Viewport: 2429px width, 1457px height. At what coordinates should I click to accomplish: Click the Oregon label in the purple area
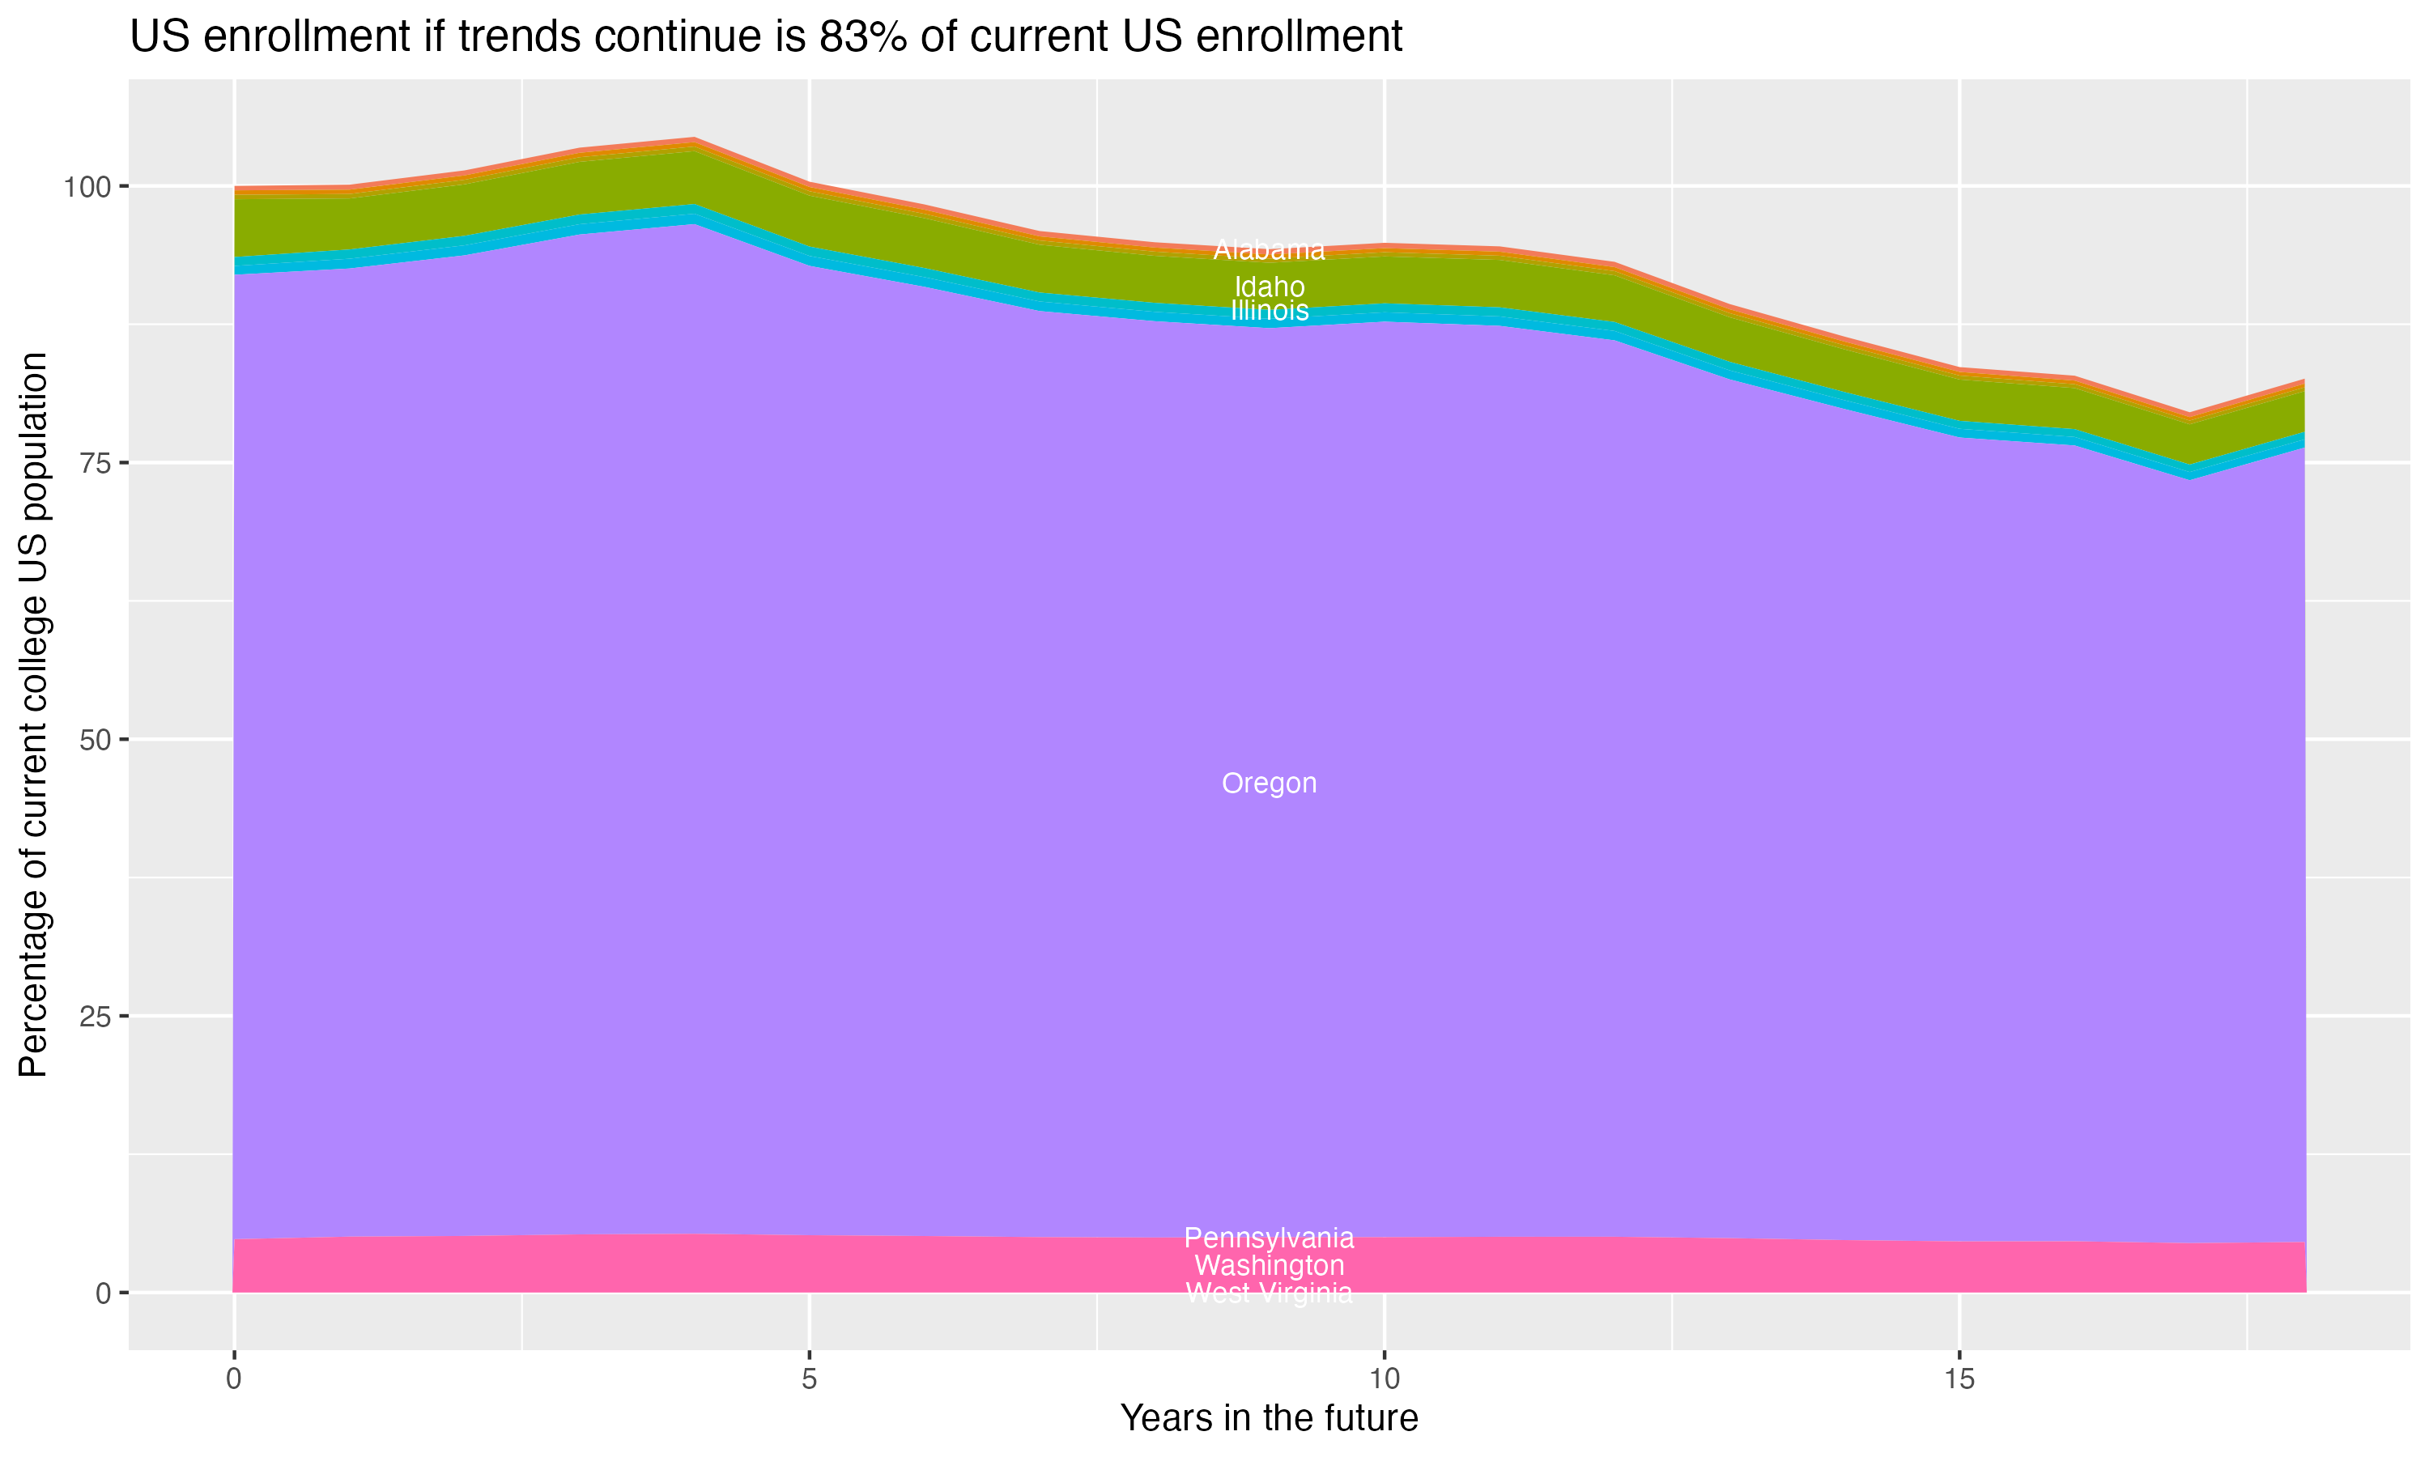[1269, 784]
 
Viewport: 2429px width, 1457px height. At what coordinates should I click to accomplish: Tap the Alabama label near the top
[1269, 250]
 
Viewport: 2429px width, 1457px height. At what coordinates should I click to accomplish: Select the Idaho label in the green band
[1269, 287]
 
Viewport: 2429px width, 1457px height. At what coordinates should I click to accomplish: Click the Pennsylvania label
[1269, 1238]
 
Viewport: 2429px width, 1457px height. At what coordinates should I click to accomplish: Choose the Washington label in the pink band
[1269, 1265]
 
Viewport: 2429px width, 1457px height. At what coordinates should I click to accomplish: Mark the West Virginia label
[1269, 1293]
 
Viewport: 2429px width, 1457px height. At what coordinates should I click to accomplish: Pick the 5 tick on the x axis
[809, 1379]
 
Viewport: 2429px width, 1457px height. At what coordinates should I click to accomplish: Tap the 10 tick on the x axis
[1385, 1379]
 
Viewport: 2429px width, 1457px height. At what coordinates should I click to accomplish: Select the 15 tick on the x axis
[1959, 1379]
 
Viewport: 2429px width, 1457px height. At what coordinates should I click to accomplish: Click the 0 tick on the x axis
[234, 1379]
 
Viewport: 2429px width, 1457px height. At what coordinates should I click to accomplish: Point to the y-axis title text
[33, 714]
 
